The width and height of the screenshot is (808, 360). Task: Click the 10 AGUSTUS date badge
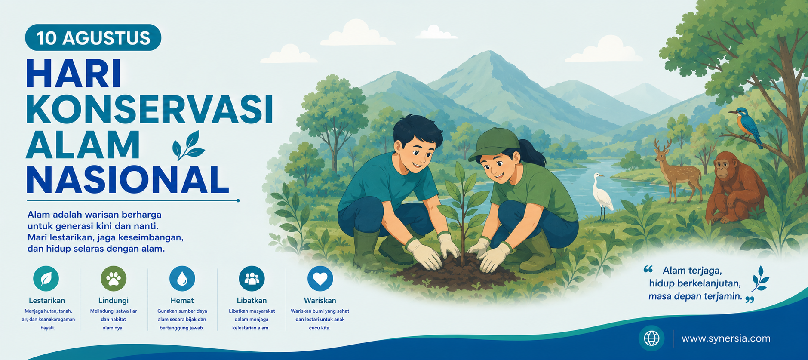[93, 37]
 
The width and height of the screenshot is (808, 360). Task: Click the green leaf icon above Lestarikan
[46, 278]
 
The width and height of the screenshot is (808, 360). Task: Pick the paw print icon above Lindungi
[114, 278]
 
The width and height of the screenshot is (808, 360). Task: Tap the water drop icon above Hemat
[182, 278]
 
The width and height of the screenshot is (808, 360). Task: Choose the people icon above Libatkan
[252, 278]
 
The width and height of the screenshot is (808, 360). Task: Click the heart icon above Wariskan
[320, 278]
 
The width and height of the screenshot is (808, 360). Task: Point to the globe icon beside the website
[651, 338]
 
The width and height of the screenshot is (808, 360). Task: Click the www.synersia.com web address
[726, 338]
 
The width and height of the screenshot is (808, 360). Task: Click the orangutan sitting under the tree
[734, 188]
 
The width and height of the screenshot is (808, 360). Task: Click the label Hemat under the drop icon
[182, 300]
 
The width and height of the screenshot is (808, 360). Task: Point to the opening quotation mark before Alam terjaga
[648, 269]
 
